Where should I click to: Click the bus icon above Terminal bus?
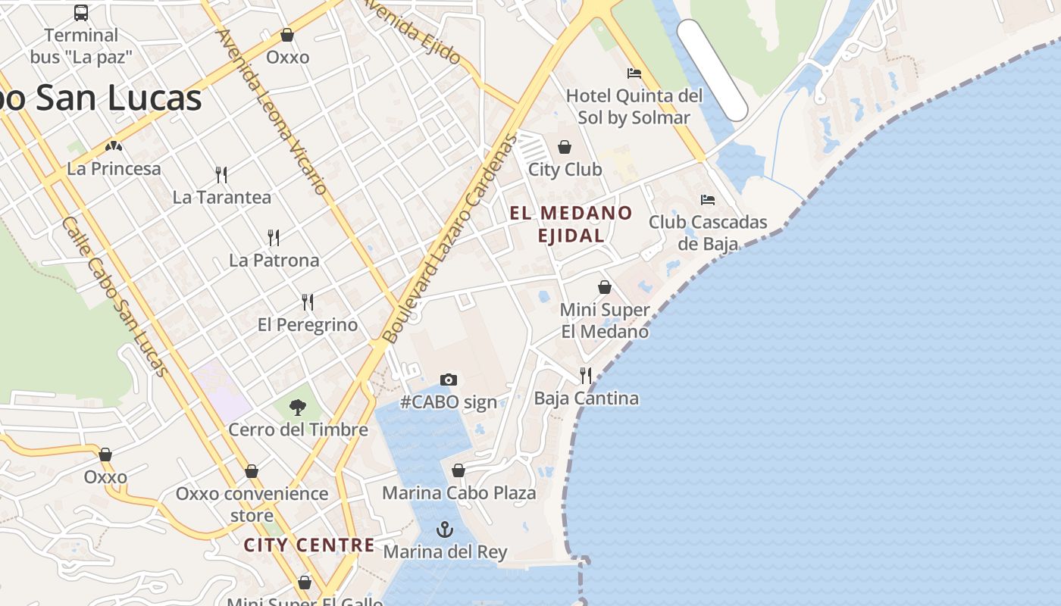81,12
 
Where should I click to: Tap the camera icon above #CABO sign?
449,380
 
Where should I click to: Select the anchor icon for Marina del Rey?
445,529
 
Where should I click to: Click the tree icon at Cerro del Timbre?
298,408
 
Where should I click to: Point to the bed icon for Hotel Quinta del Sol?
634,73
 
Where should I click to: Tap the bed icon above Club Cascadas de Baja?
708,200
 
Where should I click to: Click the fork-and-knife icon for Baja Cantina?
585,375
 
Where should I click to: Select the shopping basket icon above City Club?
565,147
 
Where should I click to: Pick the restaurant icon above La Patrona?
274,238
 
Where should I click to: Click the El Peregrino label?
308,325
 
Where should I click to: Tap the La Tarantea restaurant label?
221,198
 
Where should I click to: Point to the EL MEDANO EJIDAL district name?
571,224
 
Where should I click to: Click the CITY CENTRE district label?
309,545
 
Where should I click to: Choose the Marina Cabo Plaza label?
459,493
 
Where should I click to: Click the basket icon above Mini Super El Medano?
605,287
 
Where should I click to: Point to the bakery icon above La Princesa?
114,146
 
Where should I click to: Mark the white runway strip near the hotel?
712,70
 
